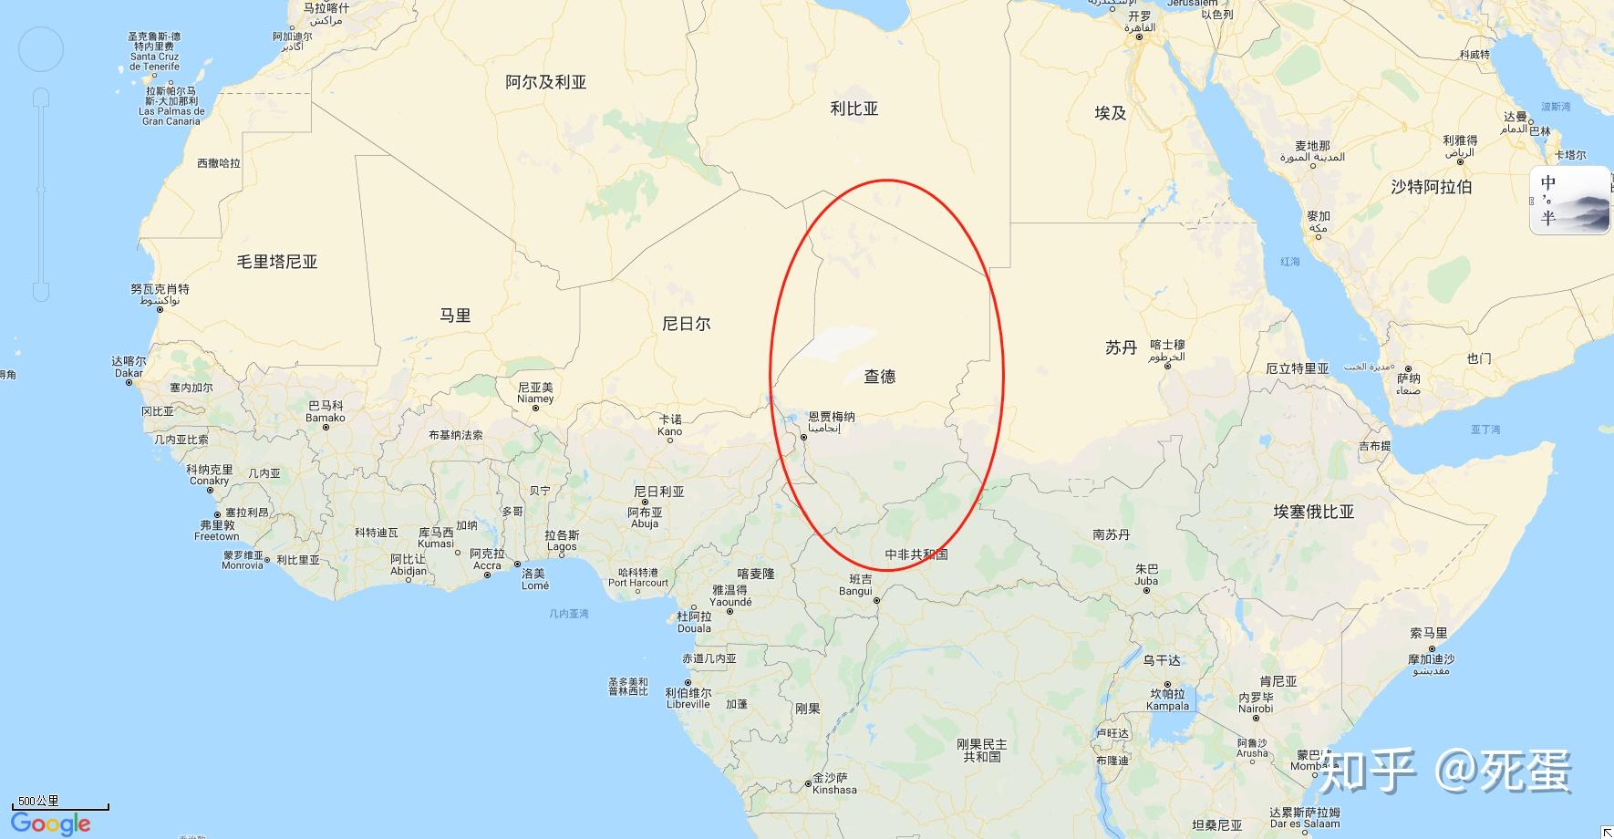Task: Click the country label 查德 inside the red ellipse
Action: pyautogui.click(x=879, y=376)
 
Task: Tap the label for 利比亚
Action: pyautogui.click(x=854, y=109)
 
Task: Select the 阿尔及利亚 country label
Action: pyautogui.click(x=545, y=82)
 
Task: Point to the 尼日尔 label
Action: pyautogui.click(x=686, y=324)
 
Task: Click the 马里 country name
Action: pyautogui.click(x=455, y=316)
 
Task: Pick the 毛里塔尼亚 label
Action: pyautogui.click(x=277, y=262)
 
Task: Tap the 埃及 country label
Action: pyautogui.click(x=1110, y=113)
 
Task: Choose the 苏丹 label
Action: pyautogui.click(x=1121, y=347)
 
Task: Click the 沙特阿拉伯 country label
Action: pyautogui.click(x=1431, y=187)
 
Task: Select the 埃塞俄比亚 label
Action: pyautogui.click(x=1313, y=512)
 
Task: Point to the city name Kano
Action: pyautogui.click(x=669, y=431)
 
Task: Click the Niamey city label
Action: pyautogui.click(x=535, y=399)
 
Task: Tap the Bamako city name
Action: pyautogui.click(x=326, y=418)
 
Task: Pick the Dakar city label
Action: pyautogui.click(x=129, y=373)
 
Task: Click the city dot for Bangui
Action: pyautogui.click(x=876, y=601)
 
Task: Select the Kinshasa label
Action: pyautogui.click(x=834, y=790)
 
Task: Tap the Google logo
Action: pyautogui.click(x=51, y=823)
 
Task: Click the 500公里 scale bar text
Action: pyautogui.click(x=38, y=801)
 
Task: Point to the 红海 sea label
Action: pyautogui.click(x=1289, y=262)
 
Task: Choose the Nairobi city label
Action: pyautogui.click(x=1256, y=709)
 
